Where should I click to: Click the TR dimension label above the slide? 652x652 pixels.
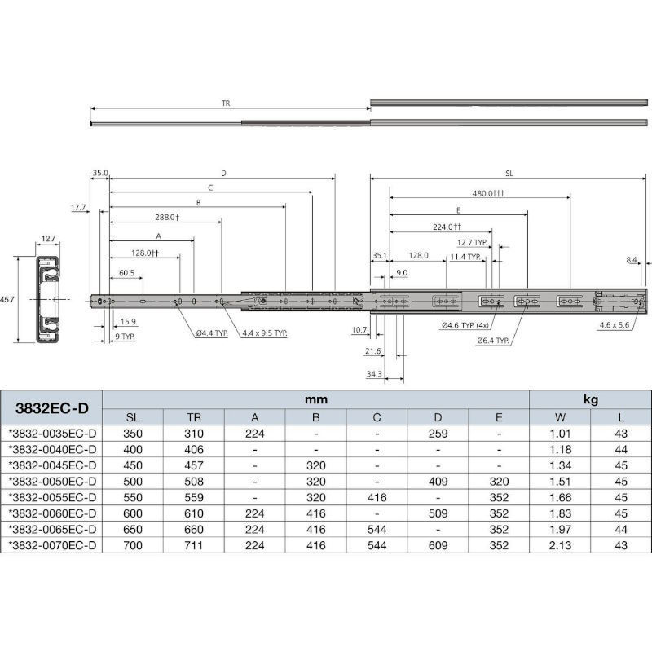(x=226, y=104)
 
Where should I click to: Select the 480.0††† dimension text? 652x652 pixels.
(x=488, y=193)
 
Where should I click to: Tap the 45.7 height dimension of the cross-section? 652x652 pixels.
(x=7, y=299)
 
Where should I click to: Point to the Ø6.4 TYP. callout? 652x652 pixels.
(x=493, y=341)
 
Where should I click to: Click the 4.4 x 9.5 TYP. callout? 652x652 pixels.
(x=265, y=333)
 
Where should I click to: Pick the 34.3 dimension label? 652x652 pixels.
(x=374, y=374)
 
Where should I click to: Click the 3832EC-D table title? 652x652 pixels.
(x=52, y=408)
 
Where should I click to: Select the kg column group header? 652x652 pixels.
(x=590, y=399)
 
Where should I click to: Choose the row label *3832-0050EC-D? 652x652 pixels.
(x=52, y=482)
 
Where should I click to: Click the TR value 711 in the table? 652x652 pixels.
(x=194, y=545)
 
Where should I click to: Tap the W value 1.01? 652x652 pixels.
(x=560, y=434)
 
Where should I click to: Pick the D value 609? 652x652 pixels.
(x=438, y=545)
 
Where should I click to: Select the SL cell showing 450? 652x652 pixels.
(x=133, y=465)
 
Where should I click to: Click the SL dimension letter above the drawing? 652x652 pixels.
(x=509, y=174)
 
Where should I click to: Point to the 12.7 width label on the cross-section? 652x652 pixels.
(x=48, y=239)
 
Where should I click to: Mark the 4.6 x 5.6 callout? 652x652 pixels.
(x=615, y=325)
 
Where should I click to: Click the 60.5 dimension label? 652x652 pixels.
(x=127, y=273)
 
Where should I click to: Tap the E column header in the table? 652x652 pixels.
(x=499, y=417)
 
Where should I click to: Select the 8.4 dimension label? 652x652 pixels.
(x=632, y=260)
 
